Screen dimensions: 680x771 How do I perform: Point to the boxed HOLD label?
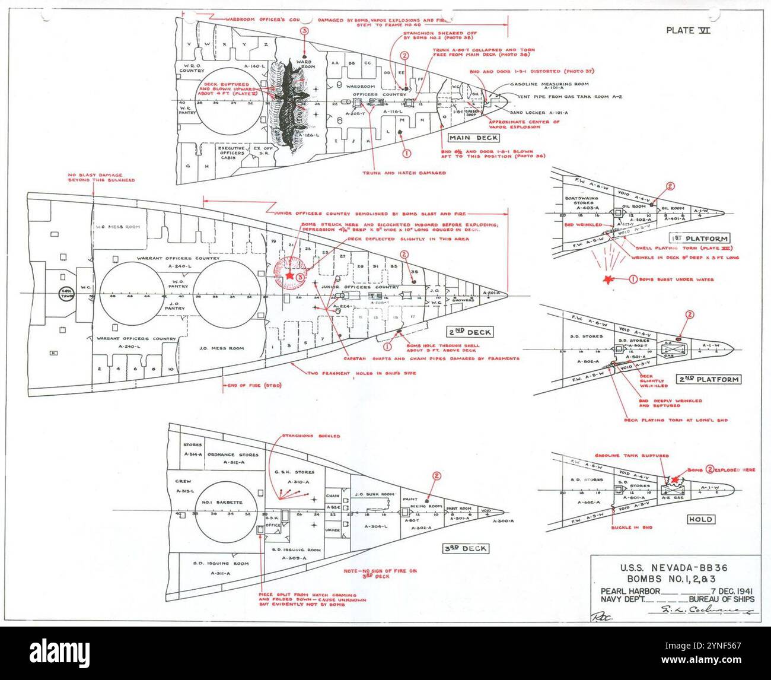(699, 519)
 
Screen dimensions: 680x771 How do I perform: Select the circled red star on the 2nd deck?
(289, 276)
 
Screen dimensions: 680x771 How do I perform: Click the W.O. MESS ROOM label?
(117, 227)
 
